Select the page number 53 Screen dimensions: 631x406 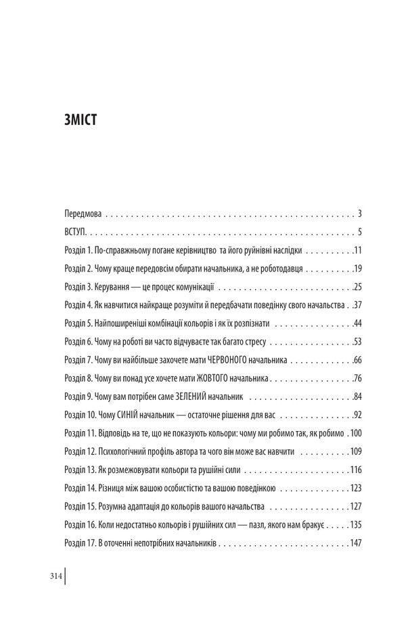click(358, 341)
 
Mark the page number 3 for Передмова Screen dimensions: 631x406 click(361, 213)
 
